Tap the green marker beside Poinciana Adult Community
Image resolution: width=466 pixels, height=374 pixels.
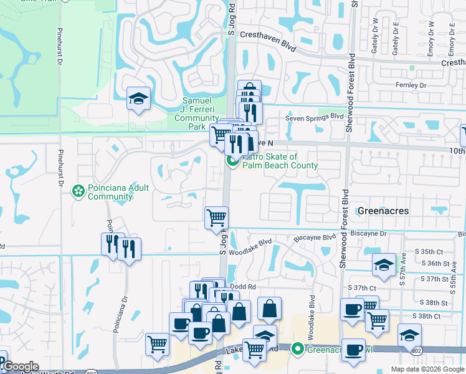(x=78, y=189)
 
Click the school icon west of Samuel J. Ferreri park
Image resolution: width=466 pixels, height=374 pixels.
(x=138, y=98)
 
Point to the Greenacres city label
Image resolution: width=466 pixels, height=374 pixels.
(x=383, y=211)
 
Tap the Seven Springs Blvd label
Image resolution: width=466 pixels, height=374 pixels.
(x=315, y=117)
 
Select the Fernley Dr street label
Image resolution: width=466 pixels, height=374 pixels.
(x=411, y=85)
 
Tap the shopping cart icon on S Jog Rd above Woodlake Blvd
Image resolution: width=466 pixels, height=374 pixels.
(x=216, y=218)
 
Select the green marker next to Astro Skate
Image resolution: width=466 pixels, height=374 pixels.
(x=233, y=161)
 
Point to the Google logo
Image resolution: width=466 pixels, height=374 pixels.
(x=21, y=367)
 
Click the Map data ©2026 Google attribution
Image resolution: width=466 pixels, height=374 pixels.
(x=427, y=369)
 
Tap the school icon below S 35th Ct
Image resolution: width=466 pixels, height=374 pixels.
(x=384, y=264)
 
